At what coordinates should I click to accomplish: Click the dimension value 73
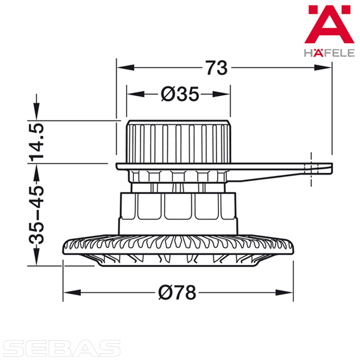tap(217, 68)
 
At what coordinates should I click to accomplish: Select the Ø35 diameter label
tap(180, 94)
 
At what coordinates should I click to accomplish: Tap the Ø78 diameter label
tap(177, 293)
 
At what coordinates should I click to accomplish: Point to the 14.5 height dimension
tap(36, 142)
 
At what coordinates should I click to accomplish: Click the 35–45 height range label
tap(36, 214)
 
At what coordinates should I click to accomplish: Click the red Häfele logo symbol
tap(329, 24)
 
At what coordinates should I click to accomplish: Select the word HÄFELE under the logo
tap(329, 53)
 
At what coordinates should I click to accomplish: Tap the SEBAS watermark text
tap(62, 348)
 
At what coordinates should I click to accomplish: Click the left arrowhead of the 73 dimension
tap(125, 67)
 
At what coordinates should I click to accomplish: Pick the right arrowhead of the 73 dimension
tap(323, 67)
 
